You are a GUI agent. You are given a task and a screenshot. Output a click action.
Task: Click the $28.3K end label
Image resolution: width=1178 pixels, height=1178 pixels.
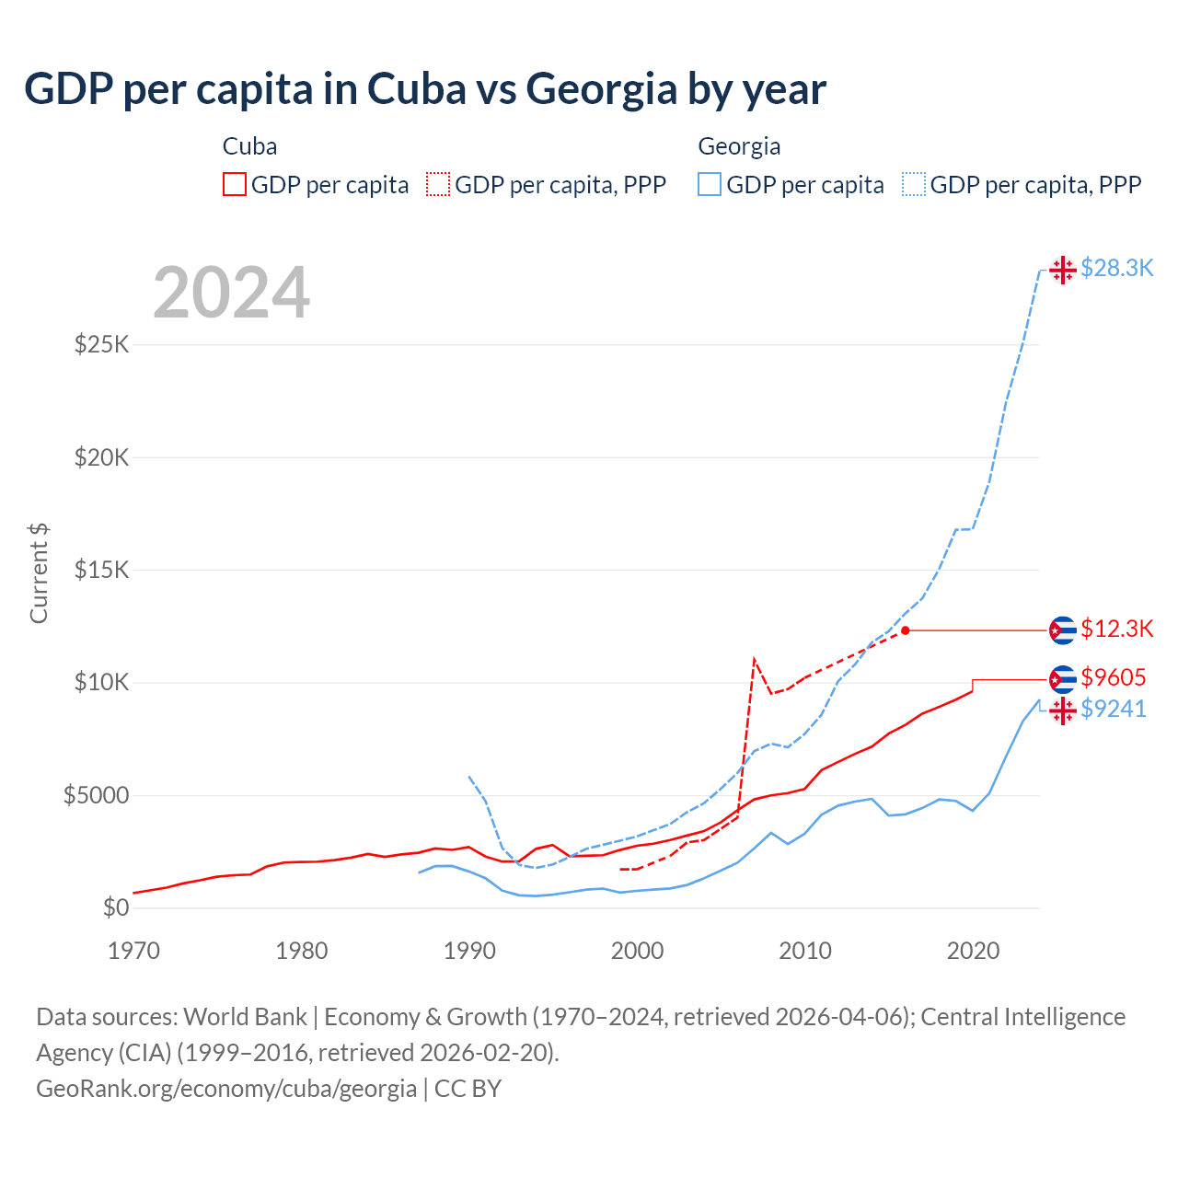[x=1116, y=268]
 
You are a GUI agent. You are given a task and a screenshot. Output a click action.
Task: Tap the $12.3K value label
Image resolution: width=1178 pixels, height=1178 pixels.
[x=1116, y=629]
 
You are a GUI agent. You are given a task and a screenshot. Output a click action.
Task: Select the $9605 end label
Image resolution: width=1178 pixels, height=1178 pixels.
[x=1114, y=678]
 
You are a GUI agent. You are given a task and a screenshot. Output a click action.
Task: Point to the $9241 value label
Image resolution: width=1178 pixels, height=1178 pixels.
[x=1114, y=709]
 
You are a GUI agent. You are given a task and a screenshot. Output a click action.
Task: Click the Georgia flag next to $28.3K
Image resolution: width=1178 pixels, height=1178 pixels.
[x=1062, y=270]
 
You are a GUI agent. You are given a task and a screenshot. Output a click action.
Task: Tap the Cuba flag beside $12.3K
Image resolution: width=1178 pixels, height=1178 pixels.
[x=1062, y=630]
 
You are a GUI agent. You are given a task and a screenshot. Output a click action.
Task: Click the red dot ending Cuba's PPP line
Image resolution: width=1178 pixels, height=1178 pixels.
[x=906, y=630]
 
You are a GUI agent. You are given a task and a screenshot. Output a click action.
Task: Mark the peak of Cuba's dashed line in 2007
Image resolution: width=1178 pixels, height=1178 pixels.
[x=754, y=659]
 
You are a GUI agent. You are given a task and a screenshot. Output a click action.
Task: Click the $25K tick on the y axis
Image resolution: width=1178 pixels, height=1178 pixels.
[x=102, y=345]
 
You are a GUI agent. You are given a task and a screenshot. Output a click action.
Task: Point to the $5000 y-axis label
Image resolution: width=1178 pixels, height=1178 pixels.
[x=96, y=795]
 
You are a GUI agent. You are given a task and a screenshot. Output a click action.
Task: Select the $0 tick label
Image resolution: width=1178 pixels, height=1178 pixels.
[x=116, y=908]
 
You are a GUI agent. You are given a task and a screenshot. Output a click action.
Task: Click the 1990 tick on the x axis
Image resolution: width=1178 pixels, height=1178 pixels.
[x=469, y=951]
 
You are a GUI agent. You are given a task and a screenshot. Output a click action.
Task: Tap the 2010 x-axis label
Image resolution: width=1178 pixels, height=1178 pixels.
[x=805, y=951]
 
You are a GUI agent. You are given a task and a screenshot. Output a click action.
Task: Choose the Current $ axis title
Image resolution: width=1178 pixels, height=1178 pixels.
[x=39, y=572]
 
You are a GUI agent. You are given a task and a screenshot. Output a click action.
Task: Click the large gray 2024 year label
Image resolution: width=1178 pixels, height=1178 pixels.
[x=231, y=293]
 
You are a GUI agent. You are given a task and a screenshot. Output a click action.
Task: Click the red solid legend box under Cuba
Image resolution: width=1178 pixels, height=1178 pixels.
[x=235, y=184]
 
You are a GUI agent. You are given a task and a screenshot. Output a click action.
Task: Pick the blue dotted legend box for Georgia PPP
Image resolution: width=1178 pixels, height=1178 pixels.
[x=914, y=184]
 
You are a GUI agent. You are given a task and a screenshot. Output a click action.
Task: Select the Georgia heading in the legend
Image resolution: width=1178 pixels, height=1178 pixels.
[x=739, y=146]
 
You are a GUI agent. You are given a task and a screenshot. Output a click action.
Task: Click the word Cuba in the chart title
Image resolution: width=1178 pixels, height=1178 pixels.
[x=416, y=89]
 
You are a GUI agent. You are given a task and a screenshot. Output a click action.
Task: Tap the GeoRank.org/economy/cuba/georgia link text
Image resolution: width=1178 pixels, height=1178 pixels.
[x=226, y=1089]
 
